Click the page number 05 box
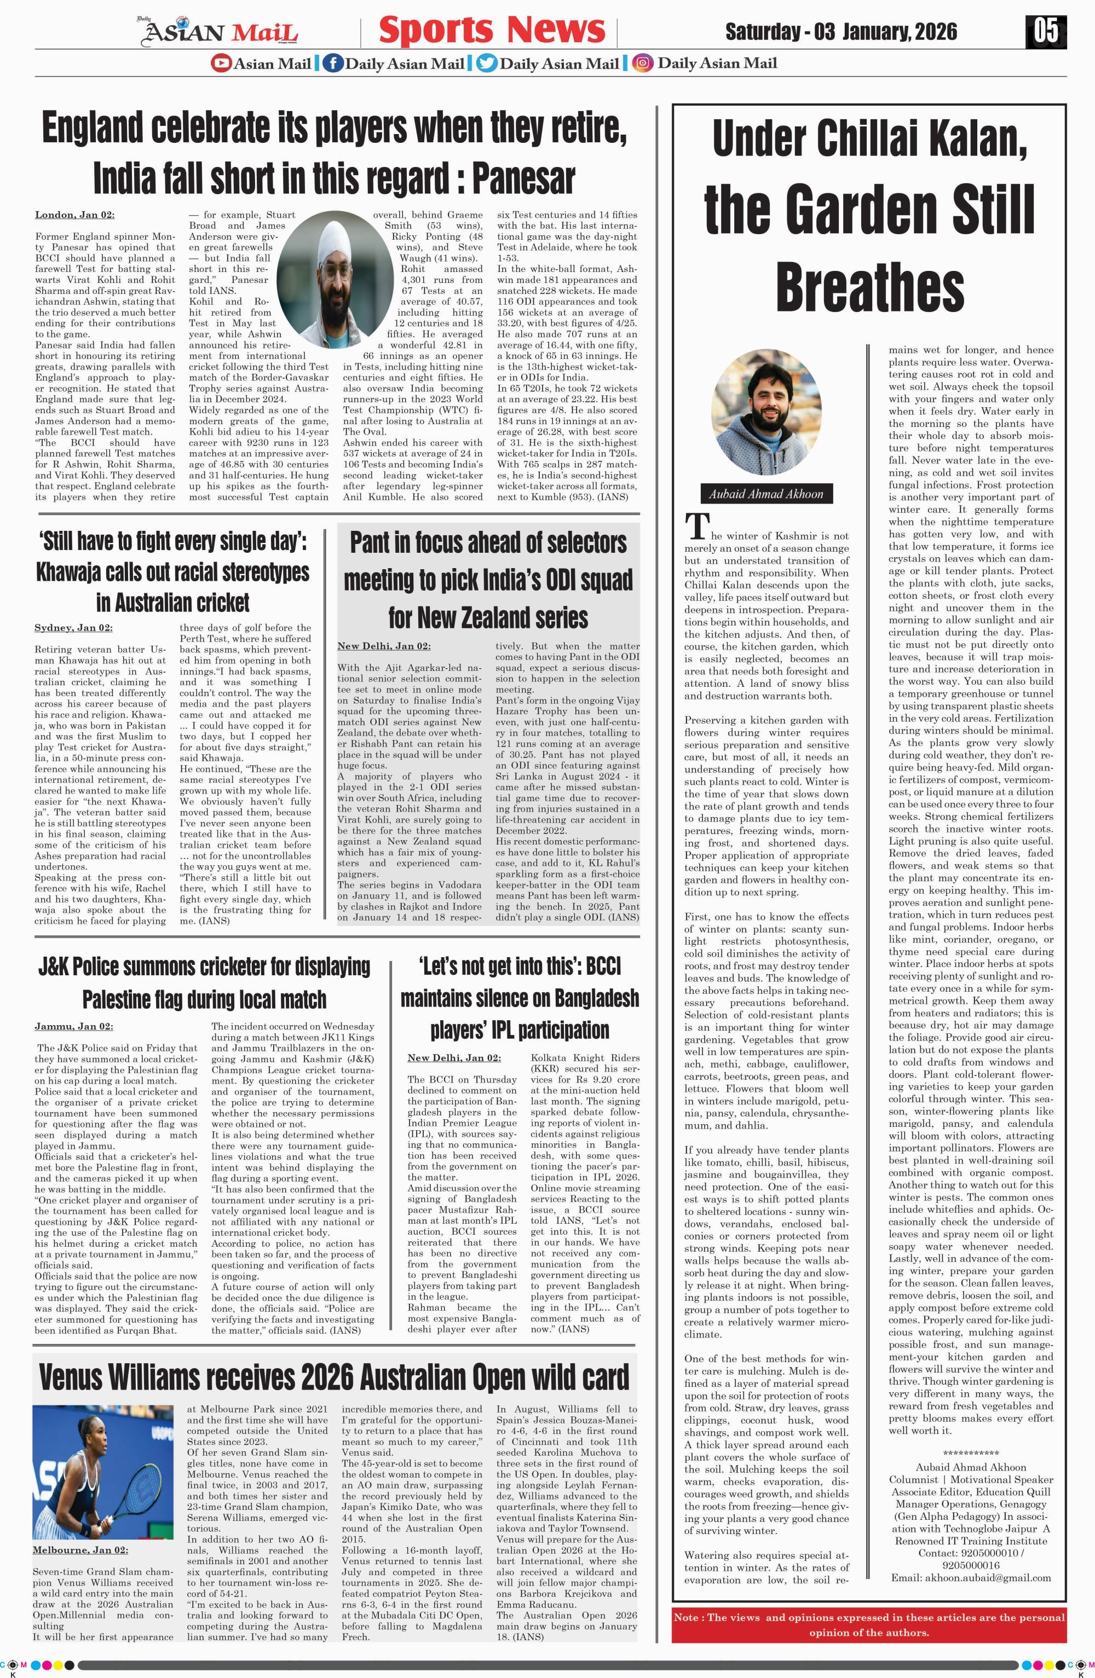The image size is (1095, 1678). [1046, 32]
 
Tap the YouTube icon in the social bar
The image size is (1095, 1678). [221, 63]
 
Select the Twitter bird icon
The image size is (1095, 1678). [486, 63]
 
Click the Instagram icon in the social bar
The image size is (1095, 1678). [642, 63]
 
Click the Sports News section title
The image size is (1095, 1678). [492, 30]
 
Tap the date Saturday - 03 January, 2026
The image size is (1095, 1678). [841, 32]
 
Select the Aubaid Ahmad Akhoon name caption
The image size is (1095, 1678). [766, 494]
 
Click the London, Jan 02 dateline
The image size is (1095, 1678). [75, 215]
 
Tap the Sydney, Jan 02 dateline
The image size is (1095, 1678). [73, 628]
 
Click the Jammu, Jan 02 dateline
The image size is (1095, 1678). [74, 1026]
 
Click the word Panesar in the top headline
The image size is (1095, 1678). [523, 178]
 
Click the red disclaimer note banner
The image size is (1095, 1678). [869, 1624]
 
